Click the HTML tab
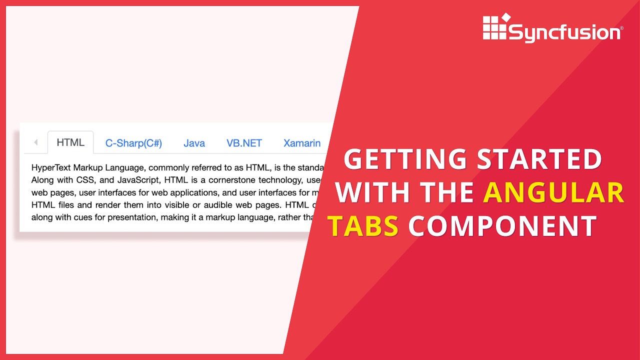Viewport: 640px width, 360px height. [x=70, y=142]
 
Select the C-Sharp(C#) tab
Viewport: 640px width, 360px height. [x=133, y=143]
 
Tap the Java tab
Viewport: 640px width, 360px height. [x=194, y=143]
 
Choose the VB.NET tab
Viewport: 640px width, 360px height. [x=244, y=143]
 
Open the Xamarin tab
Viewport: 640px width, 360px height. [x=302, y=143]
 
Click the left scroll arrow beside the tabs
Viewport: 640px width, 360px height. [x=35, y=142]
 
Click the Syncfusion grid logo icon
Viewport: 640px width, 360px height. [x=495, y=28]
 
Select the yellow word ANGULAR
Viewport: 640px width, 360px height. [x=553, y=193]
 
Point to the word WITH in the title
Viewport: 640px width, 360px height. [x=373, y=193]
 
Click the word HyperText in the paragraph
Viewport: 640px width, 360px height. [x=51, y=167]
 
